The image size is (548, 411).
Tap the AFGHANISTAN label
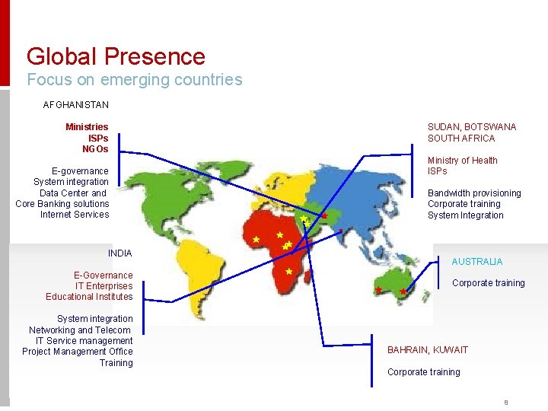click(75, 104)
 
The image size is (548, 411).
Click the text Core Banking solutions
click(62, 204)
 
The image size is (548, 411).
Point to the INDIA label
click(120, 253)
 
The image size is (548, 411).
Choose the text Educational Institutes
click(89, 297)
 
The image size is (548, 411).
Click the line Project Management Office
click(78, 352)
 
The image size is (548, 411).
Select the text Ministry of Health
click(462, 161)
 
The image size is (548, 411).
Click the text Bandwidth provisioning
click(474, 193)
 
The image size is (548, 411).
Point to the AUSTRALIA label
click(477, 262)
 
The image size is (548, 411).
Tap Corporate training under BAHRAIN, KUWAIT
click(423, 372)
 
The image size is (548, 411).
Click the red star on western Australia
click(378, 290)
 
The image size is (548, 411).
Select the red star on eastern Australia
click(403, 292)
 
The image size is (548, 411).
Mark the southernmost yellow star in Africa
click(289, 272)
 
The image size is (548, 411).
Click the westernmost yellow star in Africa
click(256, 239)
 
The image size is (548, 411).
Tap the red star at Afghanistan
click(324, 216)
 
